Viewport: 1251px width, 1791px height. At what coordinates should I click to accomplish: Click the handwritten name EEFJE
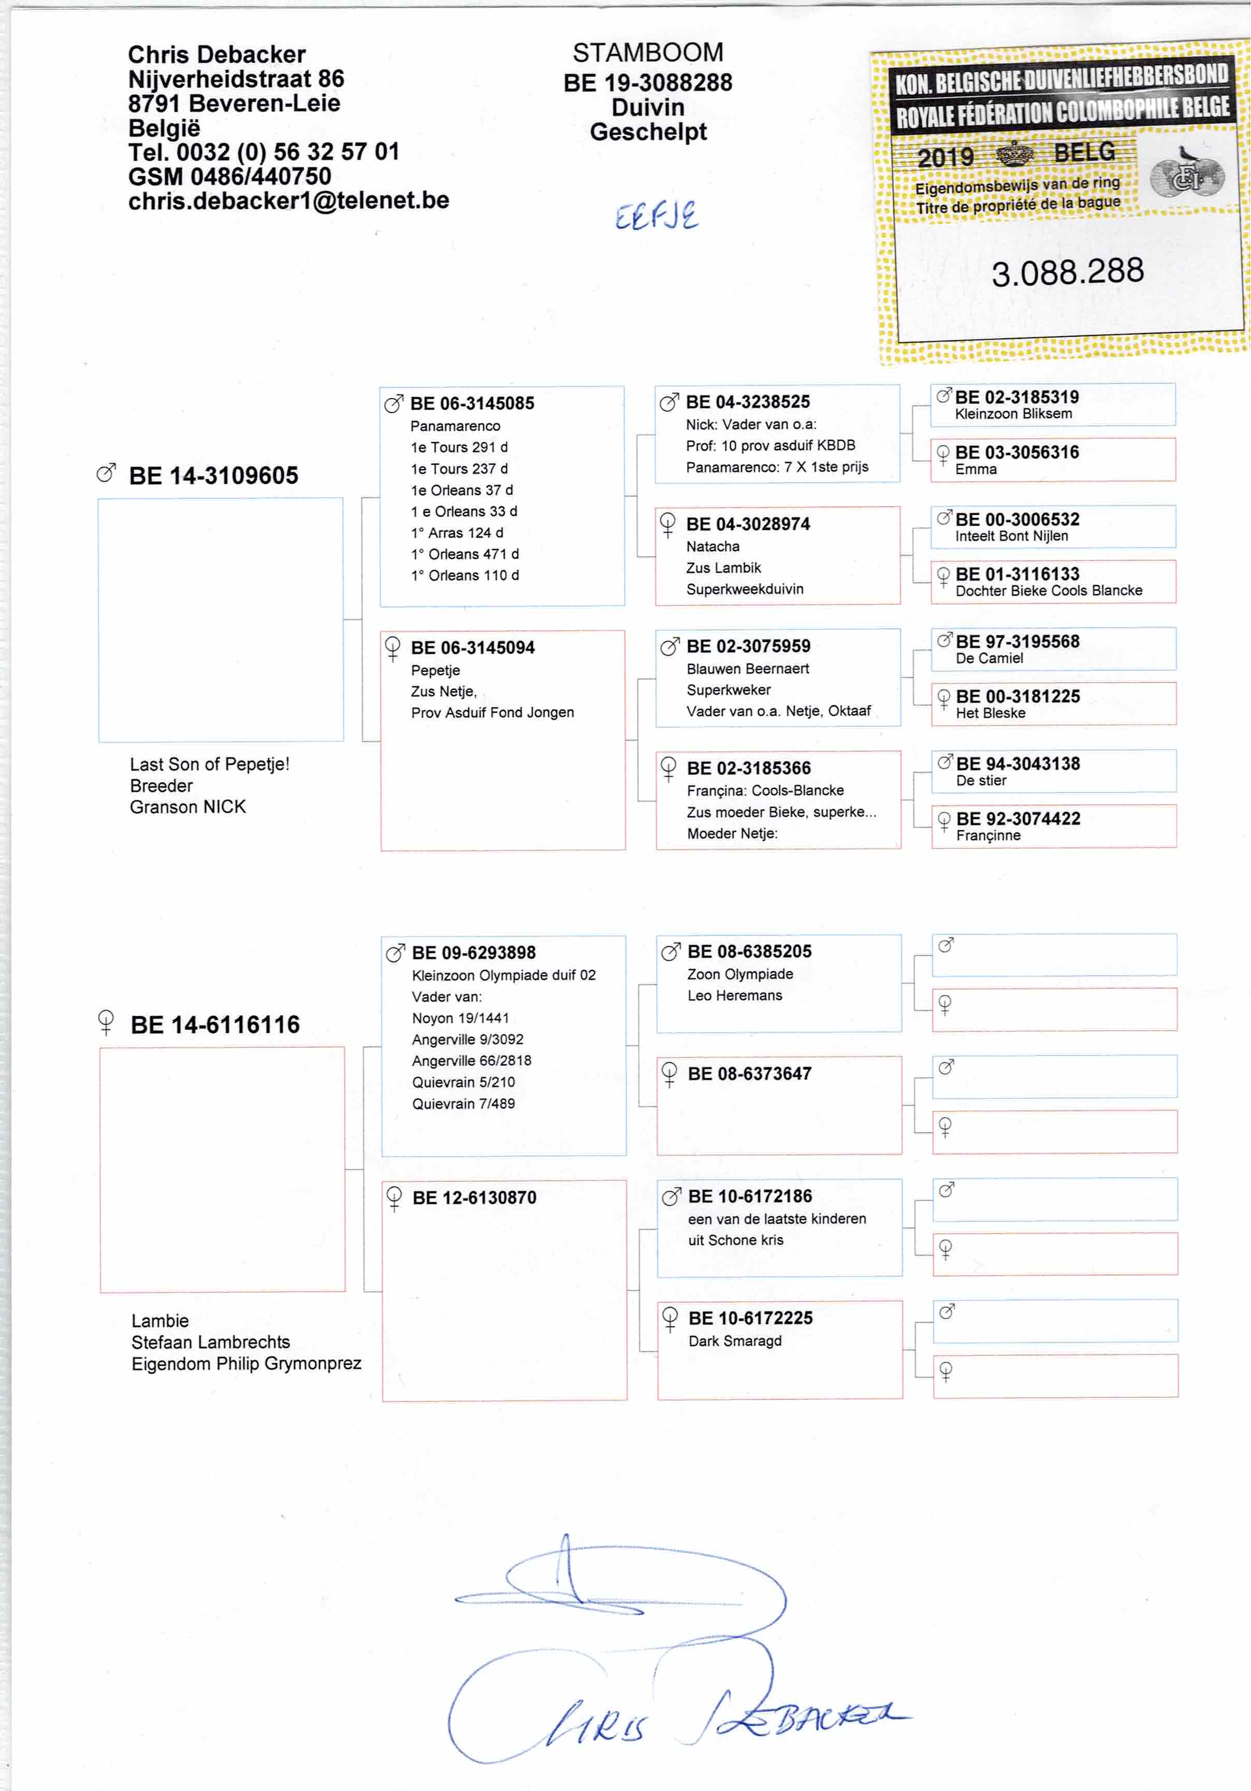click(x=656, y=216)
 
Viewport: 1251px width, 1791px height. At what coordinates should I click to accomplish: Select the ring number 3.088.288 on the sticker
click(x=1067, y=271)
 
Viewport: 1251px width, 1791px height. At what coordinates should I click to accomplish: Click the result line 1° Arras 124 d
click(x=457, y=533)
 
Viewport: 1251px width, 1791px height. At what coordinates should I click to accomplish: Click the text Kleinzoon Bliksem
click(x=1013, y=413)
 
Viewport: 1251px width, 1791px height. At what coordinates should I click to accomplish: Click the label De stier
click(x=981, y=780)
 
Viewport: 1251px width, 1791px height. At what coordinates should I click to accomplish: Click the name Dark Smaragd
click(x=735, y=1341)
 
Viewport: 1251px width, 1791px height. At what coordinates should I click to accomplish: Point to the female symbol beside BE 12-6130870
click(x=395, y=1197)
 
